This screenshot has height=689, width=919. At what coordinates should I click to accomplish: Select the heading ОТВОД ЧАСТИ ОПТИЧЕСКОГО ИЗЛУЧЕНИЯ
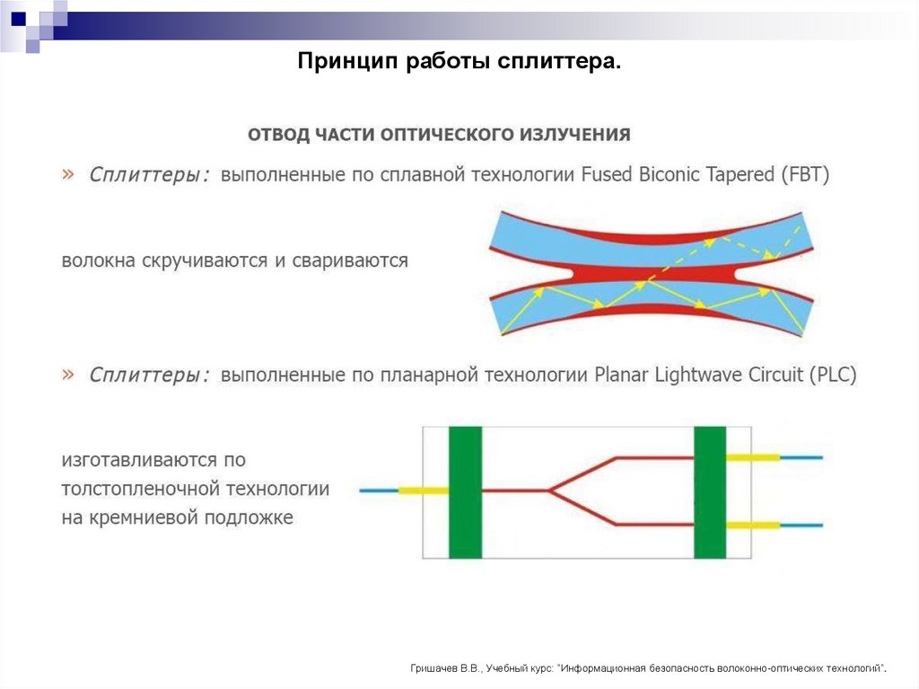pyautogui.click(x=440, y=135)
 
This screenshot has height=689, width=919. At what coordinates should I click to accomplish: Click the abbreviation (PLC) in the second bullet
pyautogui.click(x=832, y=375)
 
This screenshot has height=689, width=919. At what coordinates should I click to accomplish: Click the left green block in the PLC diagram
pyautogui.click(x=465, y=492)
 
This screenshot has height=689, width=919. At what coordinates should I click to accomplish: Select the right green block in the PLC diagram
pyautogui.click(x=710, y=492)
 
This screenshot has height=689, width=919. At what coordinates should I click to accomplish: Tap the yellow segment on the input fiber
pyautogui.click(x=423, y=491)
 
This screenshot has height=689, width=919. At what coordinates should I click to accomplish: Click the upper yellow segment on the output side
pyautogui.click(x=752, y=457)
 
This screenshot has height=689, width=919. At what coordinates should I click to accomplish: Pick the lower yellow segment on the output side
pyautogui.click(x=752, y=525)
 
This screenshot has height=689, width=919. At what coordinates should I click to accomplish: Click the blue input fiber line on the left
pyautogui.click(x=378, y=491)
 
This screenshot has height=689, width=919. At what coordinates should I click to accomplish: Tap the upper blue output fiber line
pyautogui.click(x=801, y=457)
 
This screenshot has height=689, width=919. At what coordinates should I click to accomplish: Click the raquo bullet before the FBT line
pyautogui.click(x=68, y=175)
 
